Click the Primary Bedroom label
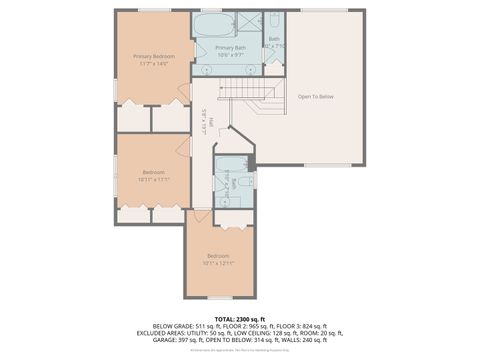tap(154, 56)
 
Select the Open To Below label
tap(315, 96)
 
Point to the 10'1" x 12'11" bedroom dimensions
tap(219, 264)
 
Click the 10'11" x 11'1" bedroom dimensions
tap(153, 179)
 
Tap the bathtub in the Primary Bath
tap(211, 25)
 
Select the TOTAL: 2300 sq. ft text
tap(240, 318)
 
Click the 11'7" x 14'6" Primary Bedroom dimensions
tap(154, 64)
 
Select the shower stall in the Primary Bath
tap(245, 24)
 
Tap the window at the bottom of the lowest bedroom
tap(219, 297)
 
